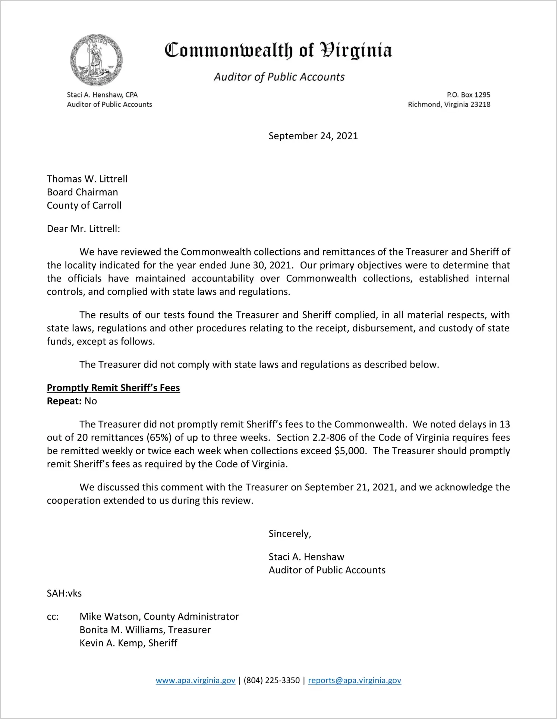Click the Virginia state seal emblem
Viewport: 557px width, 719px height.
[x=96, y=60]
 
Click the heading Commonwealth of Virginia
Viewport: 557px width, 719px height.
[x=278, y=51]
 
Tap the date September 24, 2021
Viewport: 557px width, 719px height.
[x=313, y=136]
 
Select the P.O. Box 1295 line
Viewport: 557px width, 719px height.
[x=468, y=95]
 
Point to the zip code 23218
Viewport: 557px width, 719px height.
[x=480, y=105]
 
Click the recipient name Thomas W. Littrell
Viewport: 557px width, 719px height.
[x=87, y=179]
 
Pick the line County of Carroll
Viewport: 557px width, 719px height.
[x=84, y=206]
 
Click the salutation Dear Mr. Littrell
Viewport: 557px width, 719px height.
[x=83, y=229]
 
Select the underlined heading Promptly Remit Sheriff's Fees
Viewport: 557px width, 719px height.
[x=113, y=388]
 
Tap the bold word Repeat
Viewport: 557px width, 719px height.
[x=64, y=401]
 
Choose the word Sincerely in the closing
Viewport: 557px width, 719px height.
[x=289, y=534]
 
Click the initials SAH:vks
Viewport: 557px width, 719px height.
[x=64, y=594]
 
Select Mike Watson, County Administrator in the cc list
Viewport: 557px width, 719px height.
[x=159, y=617]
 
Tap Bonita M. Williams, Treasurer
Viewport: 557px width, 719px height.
[x=145, y=630]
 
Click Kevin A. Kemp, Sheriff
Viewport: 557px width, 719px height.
[x=128, y=643]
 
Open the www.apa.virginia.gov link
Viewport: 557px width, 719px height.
[x=195, y=681]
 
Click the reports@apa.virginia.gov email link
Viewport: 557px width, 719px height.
[x=354, y=681]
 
